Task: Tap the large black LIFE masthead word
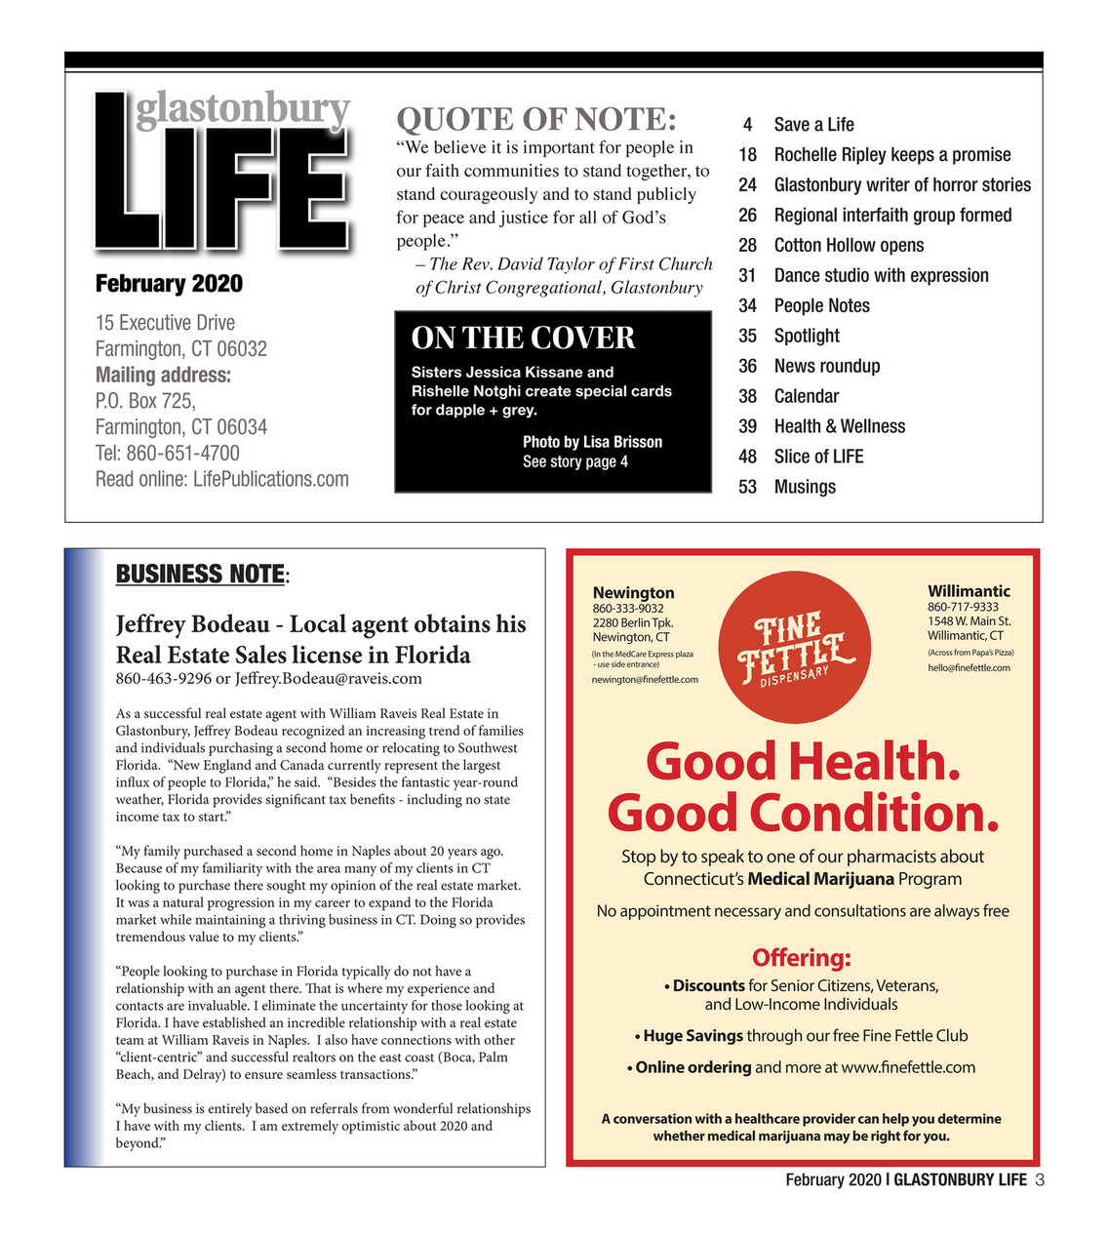pyautogui.click(x=222, y=185)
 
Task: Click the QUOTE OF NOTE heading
pyautogui.click(x=535, y=120)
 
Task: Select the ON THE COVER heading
pyautogui.click(x=523, y=338)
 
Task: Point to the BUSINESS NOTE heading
pyautogui.click(x=200, y=574)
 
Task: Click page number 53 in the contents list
pyautogui.click(x=747, y=487)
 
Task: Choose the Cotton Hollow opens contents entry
pyautogui.click(x=849, y=245)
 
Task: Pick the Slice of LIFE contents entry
pyautogui.click(x=818, y=457)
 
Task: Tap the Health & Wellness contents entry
pyautogui.click(x=839, y=426)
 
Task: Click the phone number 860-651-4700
pyautogui.click(x=182, y=453)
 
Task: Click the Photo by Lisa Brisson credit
pyautogui.click(x=592, y=442)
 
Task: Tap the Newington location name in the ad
pyautogui.click(x=633, y=592)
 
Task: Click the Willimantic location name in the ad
pyautogui.click(x=969, y=591)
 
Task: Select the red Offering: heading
pyautogui.click(x=801, y=958)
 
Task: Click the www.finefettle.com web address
pyautogui.click(x=907, y=1067)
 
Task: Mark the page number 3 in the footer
pyautogui.click(x=1040, y=1180)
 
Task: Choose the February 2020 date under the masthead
pyautogui.click(x=169, y=284)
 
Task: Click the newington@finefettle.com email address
pyautogui.click(x=645, y=680)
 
